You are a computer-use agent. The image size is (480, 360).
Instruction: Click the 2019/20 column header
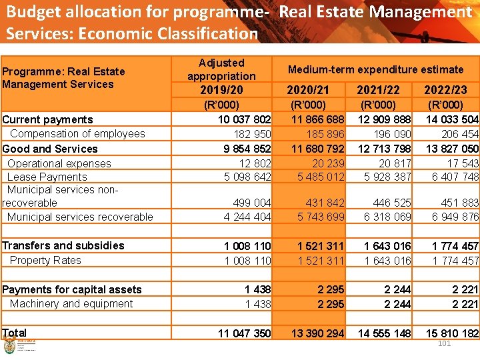[x=221, y=90]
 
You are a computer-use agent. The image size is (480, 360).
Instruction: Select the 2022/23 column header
[x=446, y=90]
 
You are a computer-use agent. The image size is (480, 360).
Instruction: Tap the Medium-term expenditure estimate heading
[x=375, y=69]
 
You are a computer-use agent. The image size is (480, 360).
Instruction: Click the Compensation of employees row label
[x=77, y=134]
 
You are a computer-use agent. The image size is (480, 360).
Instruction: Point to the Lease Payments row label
[x=47, y=177]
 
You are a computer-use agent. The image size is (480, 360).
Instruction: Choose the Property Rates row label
[x=45, y=260]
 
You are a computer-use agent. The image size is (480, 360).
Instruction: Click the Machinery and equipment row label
[x=71, y=303]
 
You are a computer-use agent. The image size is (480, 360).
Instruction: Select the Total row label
[x=15, y=333]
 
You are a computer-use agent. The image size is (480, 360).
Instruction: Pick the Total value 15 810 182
[x=451, y=333]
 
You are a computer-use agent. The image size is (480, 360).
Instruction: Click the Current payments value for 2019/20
[x=245, y=120]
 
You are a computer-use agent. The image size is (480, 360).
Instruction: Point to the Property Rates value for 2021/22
[x=387, y=261]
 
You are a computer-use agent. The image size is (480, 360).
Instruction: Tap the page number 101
[x=445, y=343]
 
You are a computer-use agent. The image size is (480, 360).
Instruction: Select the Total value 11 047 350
[x=245, y=333]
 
